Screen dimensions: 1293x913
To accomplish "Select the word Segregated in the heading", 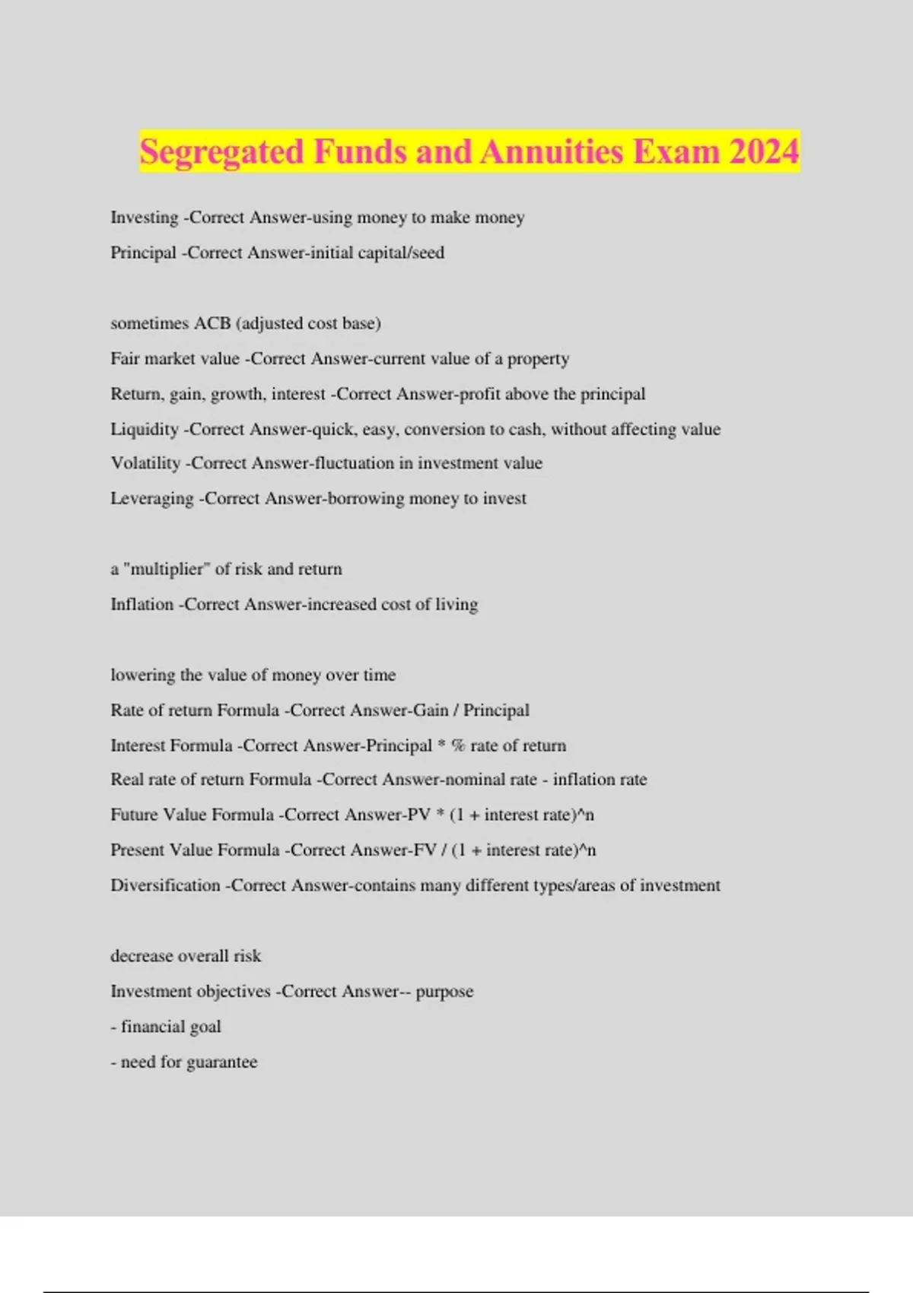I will click(222, 151).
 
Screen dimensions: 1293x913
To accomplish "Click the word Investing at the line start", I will click(145, 218).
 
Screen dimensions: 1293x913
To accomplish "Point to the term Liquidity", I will click(145, 429).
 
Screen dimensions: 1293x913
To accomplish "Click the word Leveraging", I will click(152, 499).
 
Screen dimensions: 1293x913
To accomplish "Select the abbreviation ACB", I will click(212, 323).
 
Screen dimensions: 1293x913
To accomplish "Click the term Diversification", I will click(165, 885).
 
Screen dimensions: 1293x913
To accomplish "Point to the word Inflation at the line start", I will click(142, 605).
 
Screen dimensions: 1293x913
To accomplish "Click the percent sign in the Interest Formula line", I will click(458, 745).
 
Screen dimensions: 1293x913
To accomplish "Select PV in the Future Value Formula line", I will click(418, 815).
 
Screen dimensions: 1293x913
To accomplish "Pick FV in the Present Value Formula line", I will click(424, 850).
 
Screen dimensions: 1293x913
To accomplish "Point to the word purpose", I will click(444, 992).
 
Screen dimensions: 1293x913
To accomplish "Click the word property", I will click(538, 359).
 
